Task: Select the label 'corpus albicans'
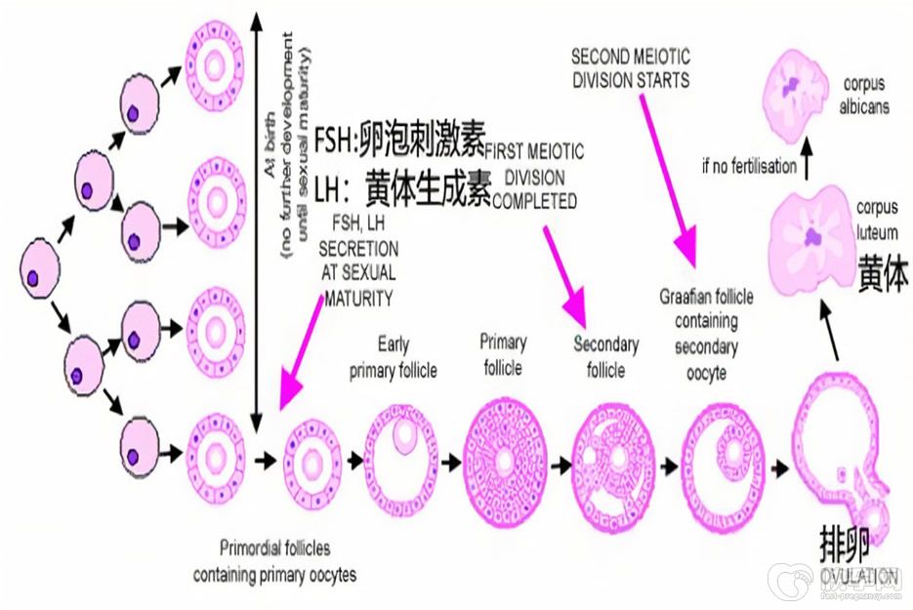pos(865,96)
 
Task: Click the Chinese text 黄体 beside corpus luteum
pos(882,275)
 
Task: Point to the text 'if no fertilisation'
pos(748,166)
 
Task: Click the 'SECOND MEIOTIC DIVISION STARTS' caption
pos(630,66)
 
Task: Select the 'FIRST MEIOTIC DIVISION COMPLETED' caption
pos(534,177)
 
